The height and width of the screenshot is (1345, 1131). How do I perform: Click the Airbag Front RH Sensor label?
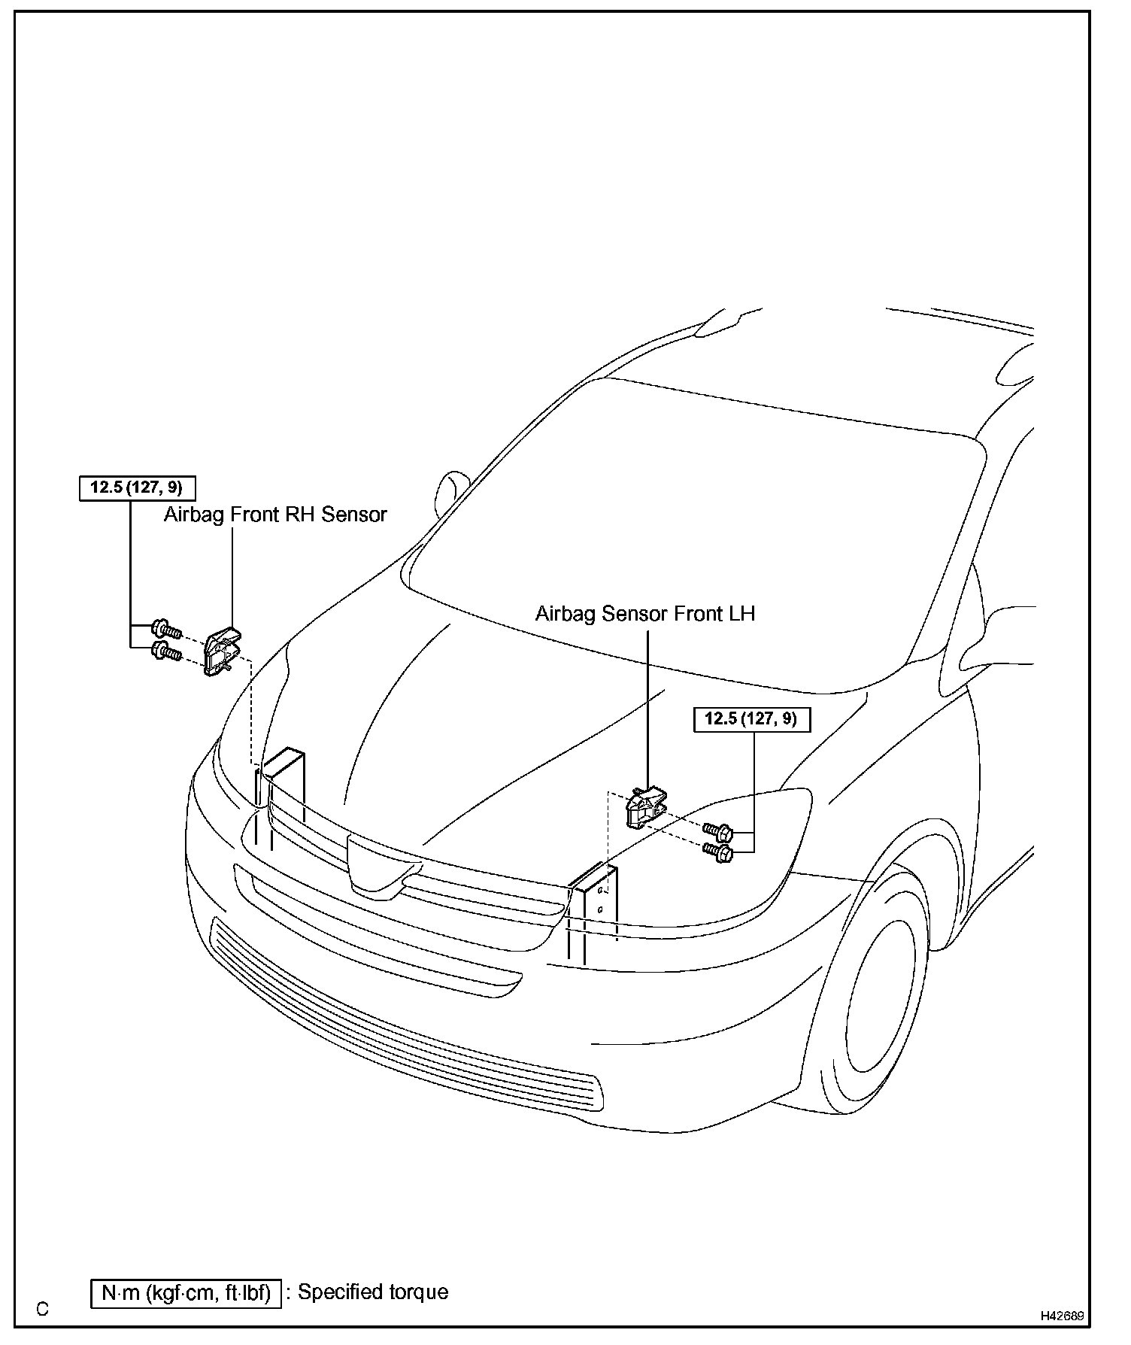tap(275, 515)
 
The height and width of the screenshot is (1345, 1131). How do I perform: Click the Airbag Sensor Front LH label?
tap(644, 614)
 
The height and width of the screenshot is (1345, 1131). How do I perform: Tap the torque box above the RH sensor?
tap(137, 487)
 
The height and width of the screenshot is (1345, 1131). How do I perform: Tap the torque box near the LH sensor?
tap(751, 719)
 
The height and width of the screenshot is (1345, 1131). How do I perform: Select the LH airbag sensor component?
tap(645, 808)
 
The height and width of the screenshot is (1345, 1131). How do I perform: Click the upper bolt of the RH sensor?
tap(165, 627)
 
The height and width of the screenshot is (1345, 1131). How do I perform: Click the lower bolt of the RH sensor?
tap(165, 651)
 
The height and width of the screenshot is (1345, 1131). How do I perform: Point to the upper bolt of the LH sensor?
tap(717, 832)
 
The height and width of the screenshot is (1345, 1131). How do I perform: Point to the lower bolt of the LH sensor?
tap(717, 852)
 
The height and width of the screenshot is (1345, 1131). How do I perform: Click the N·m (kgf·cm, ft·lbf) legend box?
tap(186, 1294)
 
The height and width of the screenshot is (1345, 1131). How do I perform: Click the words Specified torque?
tap(373, 1292)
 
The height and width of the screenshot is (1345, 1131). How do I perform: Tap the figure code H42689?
tap(1062, 1316)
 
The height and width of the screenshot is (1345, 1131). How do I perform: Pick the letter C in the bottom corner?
tap(42, 1310)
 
